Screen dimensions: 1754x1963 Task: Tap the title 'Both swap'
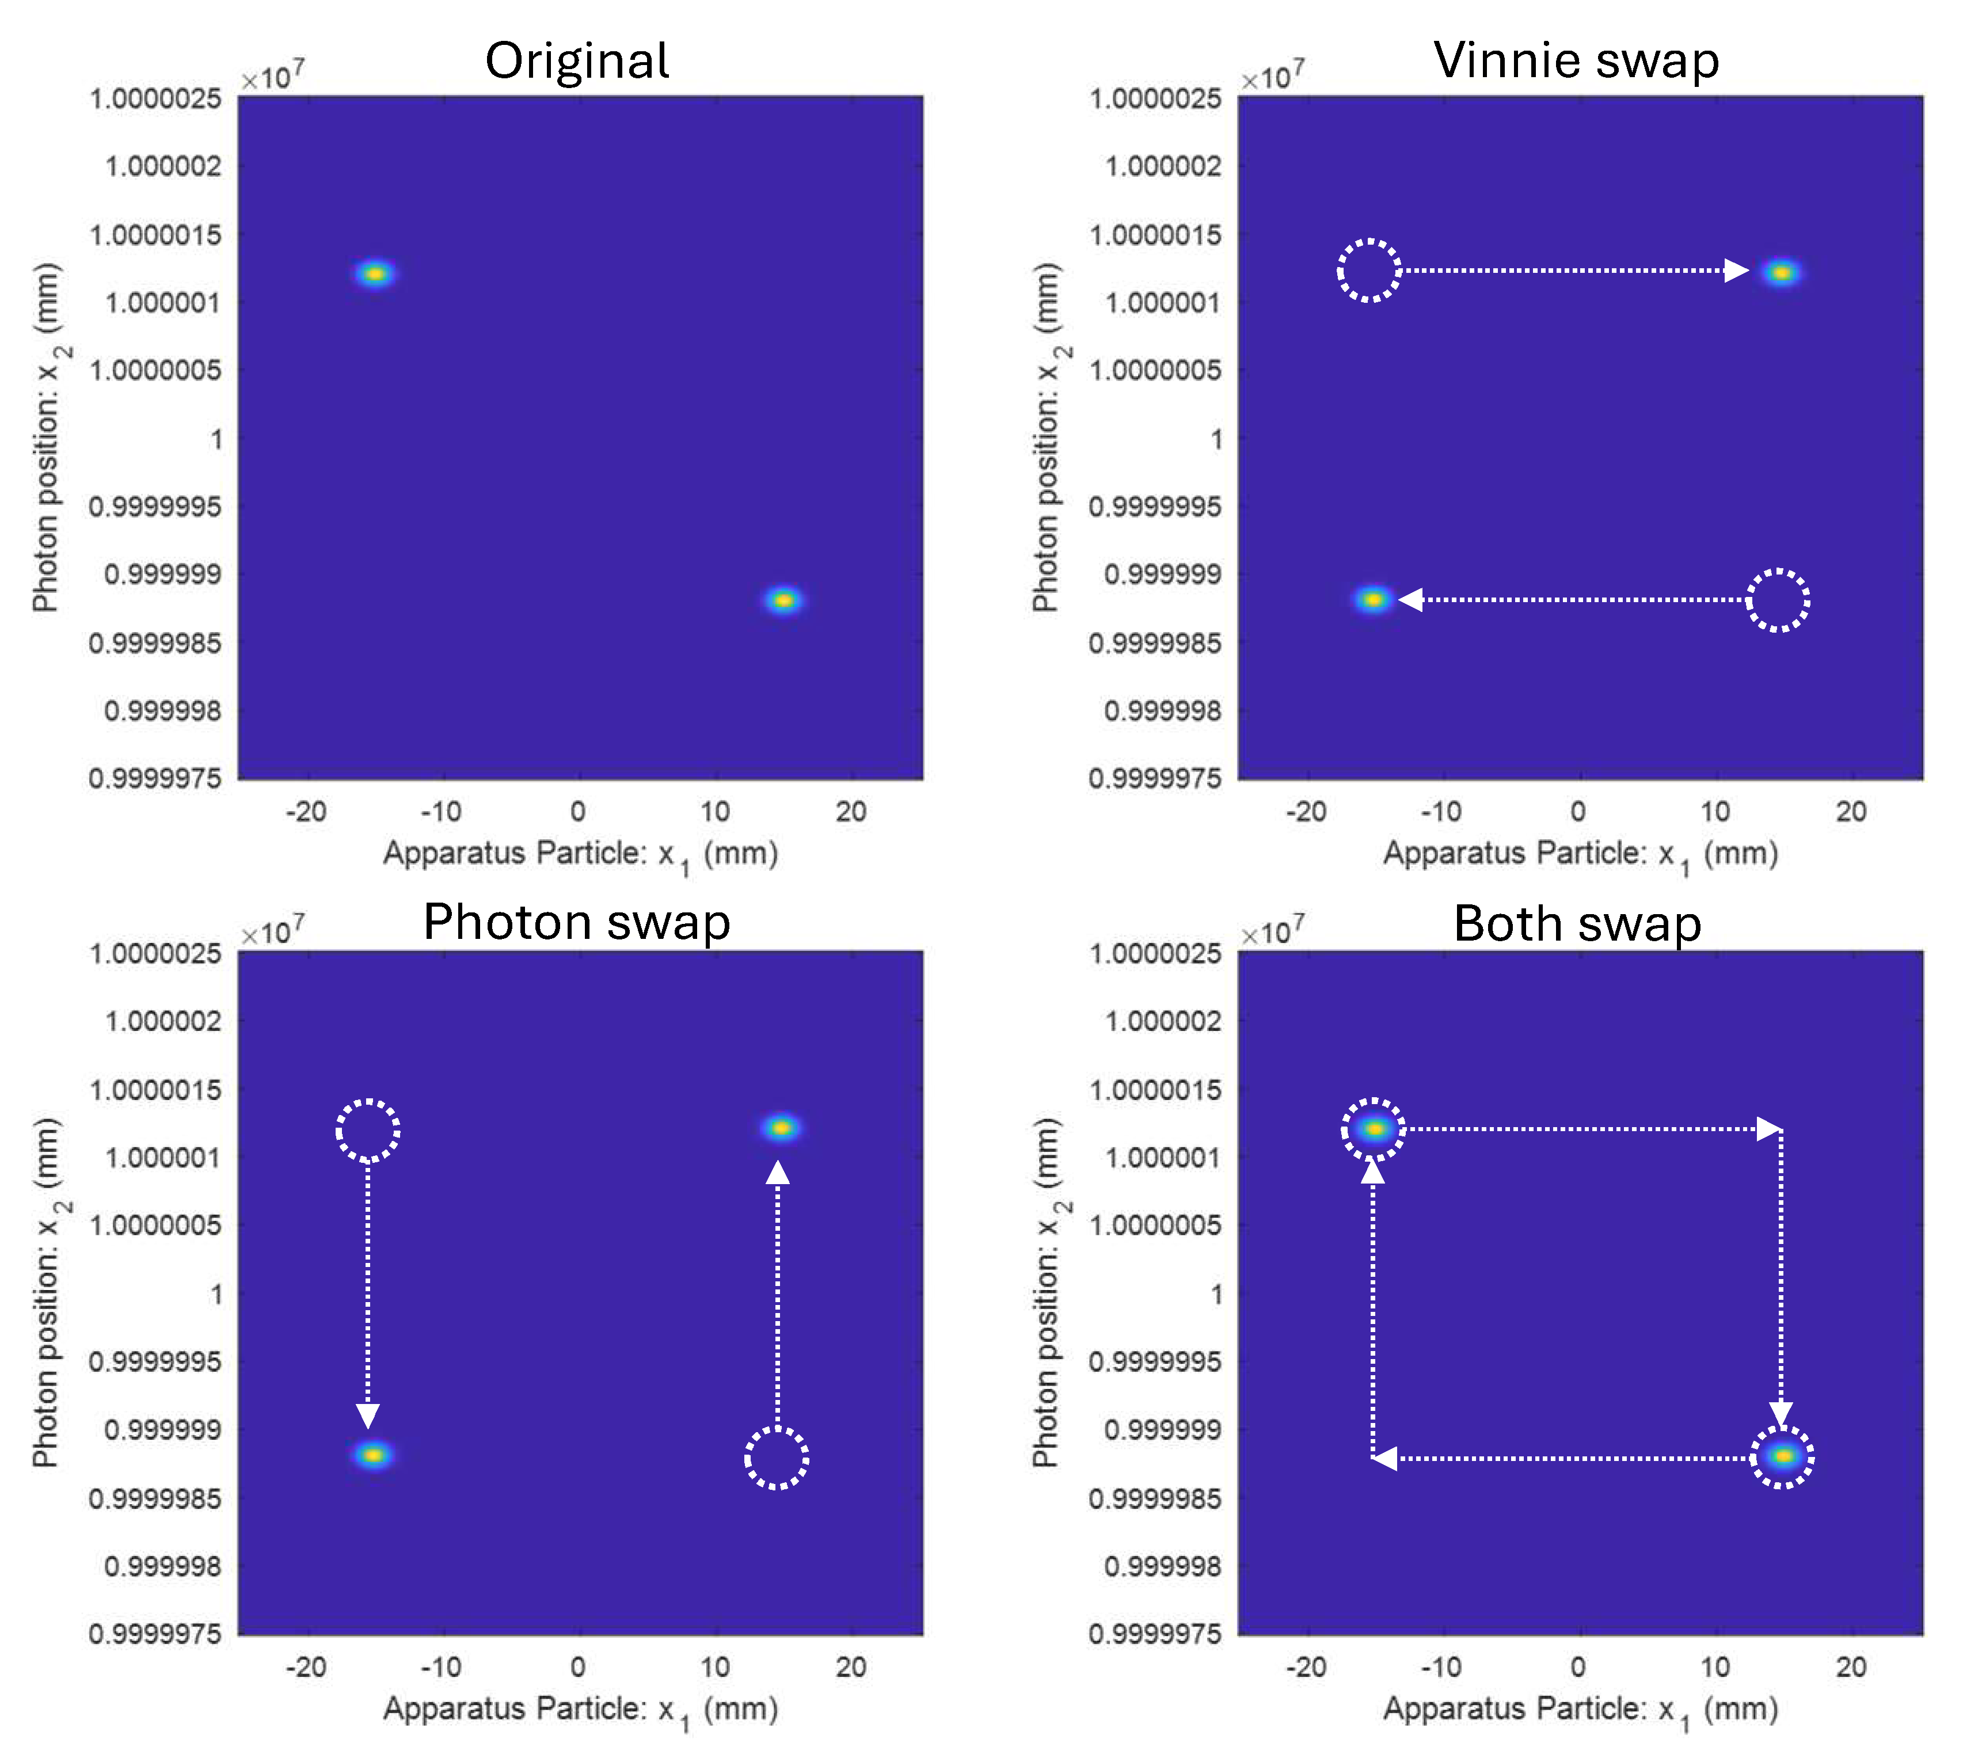[1577, 923]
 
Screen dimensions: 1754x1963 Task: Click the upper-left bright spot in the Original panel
[375, 273]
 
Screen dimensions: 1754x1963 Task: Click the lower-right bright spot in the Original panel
[783, 600]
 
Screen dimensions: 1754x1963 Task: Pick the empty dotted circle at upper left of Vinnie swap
[1368, 271]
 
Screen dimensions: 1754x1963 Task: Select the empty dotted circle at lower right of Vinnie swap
[1778, 600]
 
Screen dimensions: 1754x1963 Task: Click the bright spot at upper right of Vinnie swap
[1781, 273]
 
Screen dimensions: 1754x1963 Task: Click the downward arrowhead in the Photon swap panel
[368, 1415]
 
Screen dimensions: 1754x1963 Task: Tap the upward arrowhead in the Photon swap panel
[778, 1172]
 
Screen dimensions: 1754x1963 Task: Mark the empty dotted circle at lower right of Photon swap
[777, 1458]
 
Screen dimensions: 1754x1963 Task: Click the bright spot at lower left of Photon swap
[373, 1454]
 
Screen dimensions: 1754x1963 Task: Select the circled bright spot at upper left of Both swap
[1373, 1128]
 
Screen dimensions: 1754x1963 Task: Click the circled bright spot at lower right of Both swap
[1782, 1456]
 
